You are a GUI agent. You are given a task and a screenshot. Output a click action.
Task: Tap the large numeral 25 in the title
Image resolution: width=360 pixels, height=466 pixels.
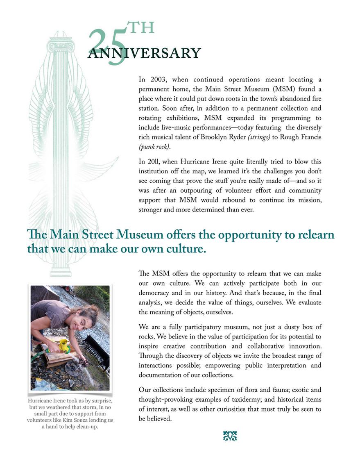tap(107, 47)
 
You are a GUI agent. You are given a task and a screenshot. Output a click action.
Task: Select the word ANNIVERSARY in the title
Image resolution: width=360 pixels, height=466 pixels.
tap(144, 53)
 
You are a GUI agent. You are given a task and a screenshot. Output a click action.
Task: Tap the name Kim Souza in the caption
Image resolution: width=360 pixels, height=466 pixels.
tap(85, 421)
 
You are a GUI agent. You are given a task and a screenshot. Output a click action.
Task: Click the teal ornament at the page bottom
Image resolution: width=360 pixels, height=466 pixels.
tap(230, 436)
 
